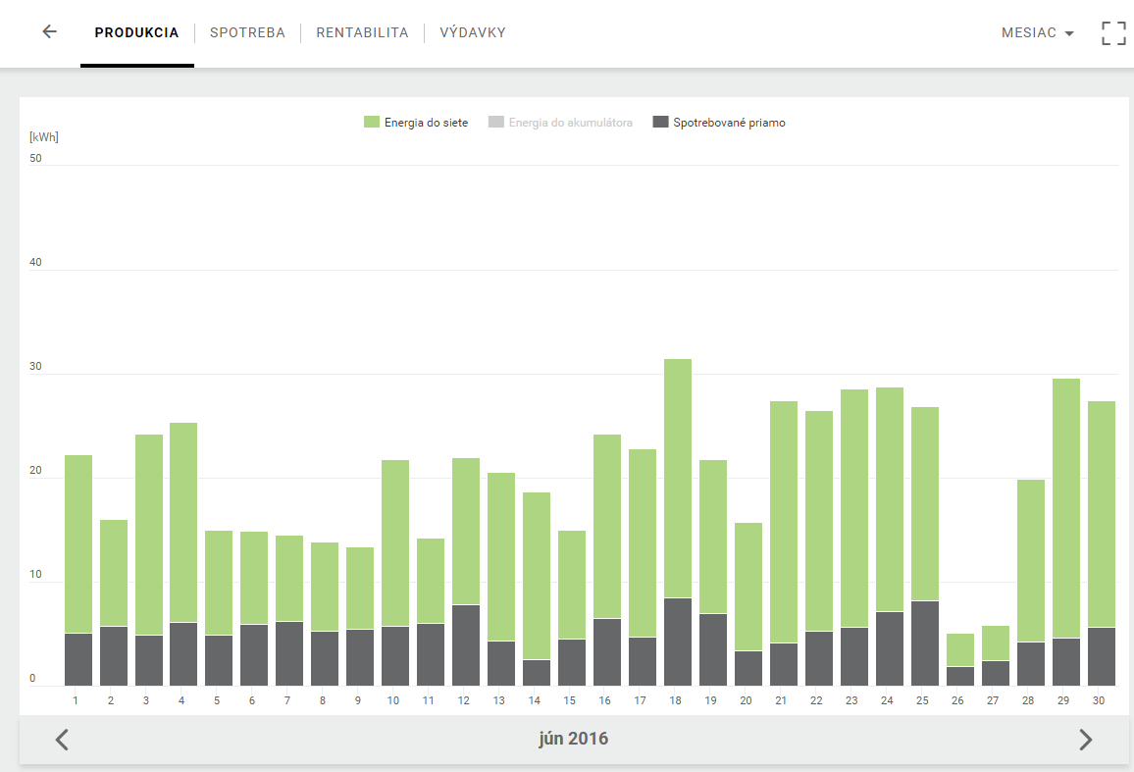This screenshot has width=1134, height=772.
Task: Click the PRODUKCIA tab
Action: coord(136,32)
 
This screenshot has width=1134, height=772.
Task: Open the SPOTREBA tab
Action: coord(247,32)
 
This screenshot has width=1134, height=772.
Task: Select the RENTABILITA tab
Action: coord(362,32)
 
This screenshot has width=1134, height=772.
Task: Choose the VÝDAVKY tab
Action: coord(473,32)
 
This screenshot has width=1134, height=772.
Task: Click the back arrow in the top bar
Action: coord(49,31)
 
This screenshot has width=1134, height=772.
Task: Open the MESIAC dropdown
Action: coord(1037,32)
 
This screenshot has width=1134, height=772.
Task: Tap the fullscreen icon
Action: coord(1113,33)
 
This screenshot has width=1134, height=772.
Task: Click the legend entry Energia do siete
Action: coord(416,123)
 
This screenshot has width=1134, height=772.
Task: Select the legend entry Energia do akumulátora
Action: coord(560,123)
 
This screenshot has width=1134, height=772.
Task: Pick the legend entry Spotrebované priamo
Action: coord(719,123)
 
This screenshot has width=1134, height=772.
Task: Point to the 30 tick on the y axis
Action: coord(35,366)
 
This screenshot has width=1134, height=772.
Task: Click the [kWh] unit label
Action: coord(43,136)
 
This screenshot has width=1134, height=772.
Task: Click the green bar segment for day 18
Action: coord(678,479)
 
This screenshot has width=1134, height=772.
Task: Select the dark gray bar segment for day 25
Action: coord(925,643)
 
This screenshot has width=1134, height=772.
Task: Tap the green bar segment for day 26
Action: coord(960,649)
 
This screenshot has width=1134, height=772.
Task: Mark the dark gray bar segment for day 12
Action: coord(466,645)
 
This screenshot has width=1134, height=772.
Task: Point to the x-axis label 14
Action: coord(535,700)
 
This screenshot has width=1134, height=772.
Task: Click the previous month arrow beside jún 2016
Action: coord(62,740)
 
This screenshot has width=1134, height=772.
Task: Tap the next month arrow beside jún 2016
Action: coord(1086,740)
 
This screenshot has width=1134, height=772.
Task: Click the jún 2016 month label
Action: coord(574,739)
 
